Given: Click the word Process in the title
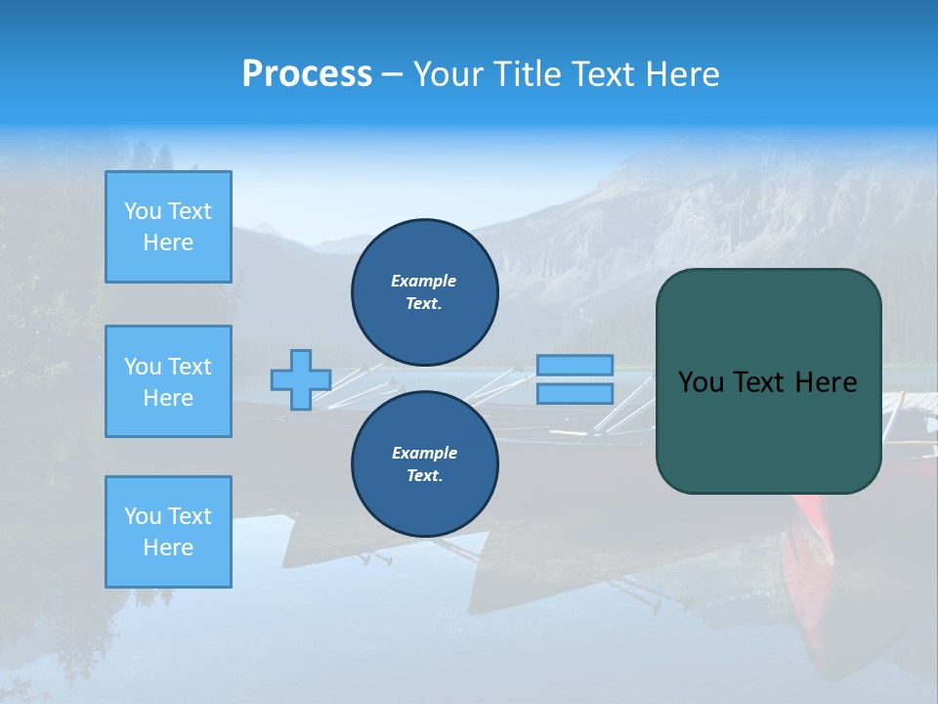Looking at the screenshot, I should point(307,74).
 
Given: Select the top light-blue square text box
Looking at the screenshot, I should point(168,227).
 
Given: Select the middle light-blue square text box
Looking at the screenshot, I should point(168,381).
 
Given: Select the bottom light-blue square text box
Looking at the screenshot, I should point(168,532).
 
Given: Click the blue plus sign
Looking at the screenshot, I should point(301,379).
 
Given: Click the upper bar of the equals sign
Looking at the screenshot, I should point(575,365).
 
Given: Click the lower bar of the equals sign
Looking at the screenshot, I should point(575,394).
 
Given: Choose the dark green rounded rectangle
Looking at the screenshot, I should point(768,430).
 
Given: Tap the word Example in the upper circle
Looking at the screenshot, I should point(423,281).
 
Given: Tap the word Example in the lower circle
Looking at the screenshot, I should point(423,453).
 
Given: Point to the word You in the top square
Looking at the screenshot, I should point(142,211).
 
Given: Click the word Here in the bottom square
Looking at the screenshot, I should point(168,548).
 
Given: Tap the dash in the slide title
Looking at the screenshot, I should point(392,74).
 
